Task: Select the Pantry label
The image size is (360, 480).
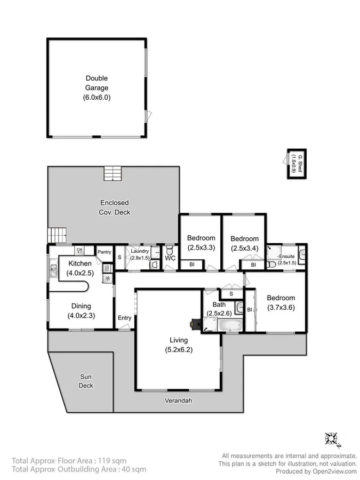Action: [104, 252]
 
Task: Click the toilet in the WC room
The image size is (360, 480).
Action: [170, 251]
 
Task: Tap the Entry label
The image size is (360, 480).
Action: [124, 318]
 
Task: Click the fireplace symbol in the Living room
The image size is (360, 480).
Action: [195, 323]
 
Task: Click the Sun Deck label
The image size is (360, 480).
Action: [86, 381]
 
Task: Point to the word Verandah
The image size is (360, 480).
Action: [179, 401]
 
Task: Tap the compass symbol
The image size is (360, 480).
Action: [332, 438]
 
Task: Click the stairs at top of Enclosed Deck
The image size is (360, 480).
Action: [113, 174]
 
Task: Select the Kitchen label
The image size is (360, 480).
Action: [79, 263]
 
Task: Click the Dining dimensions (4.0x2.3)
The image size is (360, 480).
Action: [79, 316]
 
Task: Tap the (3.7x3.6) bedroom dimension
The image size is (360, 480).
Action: [281, 308]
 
